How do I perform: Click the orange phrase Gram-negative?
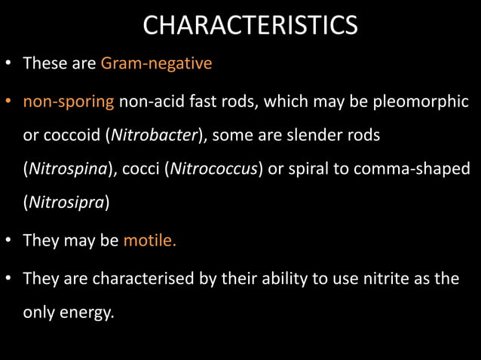pyautogui.click(x=156, y=63)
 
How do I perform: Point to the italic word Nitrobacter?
pyautogui.click(x=155, y=135)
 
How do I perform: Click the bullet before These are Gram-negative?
pyautogui.click(x=10, y=64)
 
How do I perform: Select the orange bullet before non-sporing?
pyautogui.click(x=10, y=103)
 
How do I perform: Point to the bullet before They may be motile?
pyautogui.click(x=10, y=242)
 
